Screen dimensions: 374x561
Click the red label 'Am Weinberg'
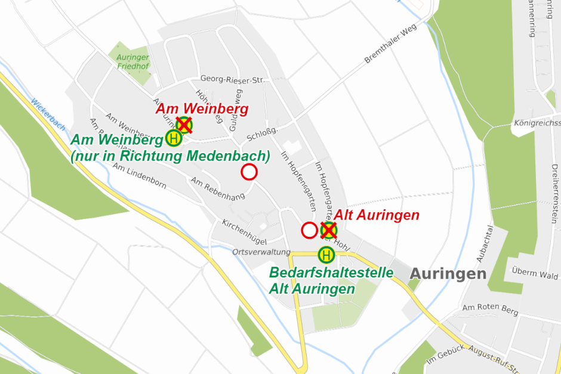pos(202,110)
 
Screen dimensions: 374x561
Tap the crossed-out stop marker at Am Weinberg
pos(184,125)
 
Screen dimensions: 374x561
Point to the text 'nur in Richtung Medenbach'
pos(170,156)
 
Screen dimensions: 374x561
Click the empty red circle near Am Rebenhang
pos(249,172)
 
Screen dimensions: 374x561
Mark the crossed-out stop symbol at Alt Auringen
pos(328,230)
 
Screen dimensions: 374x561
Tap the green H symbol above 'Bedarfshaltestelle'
pos(326,255)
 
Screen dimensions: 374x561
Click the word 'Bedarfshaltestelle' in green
pos(331,273)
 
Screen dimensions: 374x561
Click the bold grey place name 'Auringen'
pos(448,274)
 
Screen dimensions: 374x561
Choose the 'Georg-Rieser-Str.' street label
pos(232,79)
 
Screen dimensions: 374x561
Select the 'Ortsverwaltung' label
pos(261,252)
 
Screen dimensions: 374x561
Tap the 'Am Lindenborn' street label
pos(139,178)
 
